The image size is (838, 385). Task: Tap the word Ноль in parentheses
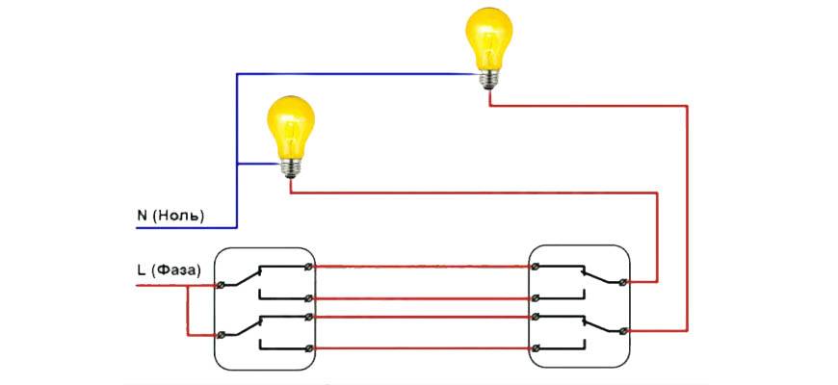(x=180, y=216)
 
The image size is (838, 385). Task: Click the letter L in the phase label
(x=142, y=269)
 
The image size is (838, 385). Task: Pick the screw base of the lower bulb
(x=289, y=167)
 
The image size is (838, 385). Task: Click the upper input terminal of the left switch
(x=223, y=284)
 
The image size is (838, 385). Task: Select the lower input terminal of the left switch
(x=223, y=333)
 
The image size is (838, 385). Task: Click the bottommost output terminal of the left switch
(x=307, y=346)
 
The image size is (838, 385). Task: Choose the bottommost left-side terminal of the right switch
(x=535, y=346)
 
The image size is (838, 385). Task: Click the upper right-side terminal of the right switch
(x=623, y=282)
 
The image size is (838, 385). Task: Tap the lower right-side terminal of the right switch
(x=623, y=331)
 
